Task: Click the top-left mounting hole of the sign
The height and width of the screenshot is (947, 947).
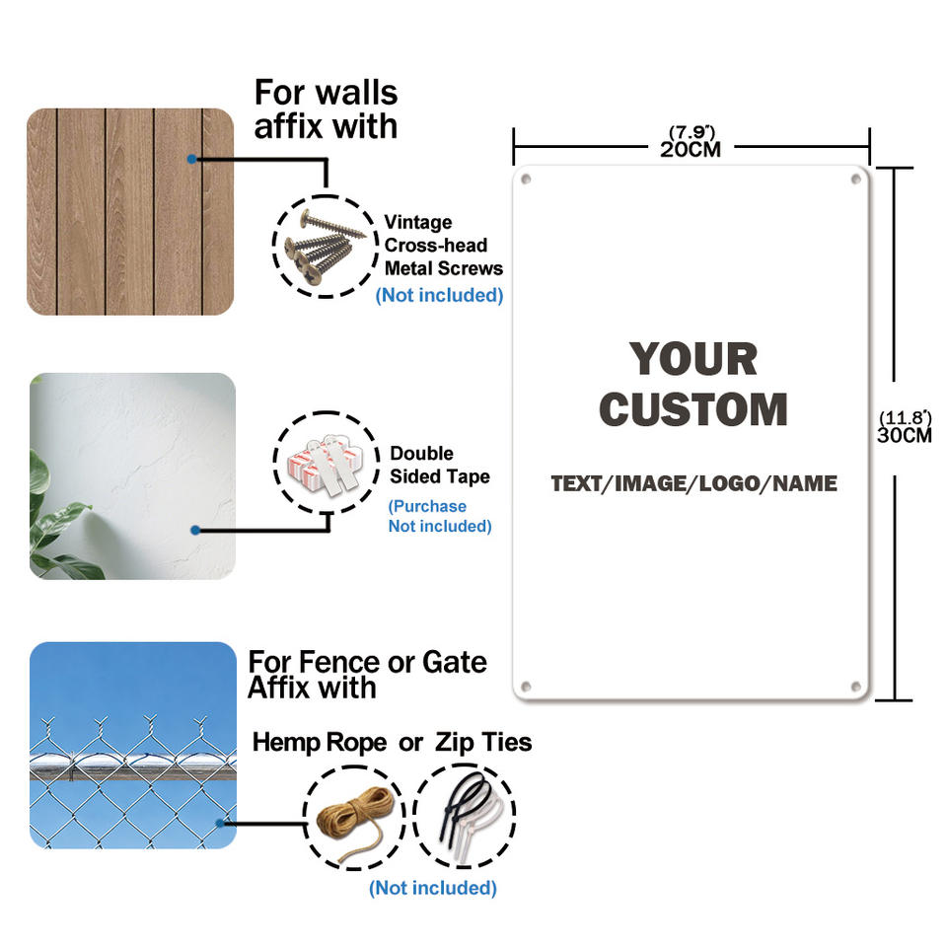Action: pyautogui.click(x=526, y=179)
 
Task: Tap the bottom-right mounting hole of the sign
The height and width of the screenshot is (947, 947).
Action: pyautogui.click(x=855, y=687)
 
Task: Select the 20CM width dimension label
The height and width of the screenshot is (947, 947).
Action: pyautogui.click(x=691, y=149)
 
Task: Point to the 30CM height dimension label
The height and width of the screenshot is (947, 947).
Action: pyautogui.click(x=905, y=435)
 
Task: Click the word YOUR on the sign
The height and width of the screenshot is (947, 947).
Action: pyautogui.click(x=693, y=359)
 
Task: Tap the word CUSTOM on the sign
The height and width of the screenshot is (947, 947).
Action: pyautogui.click(x=693, y=409)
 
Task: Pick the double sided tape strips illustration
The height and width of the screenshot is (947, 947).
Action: pyautogui.click(x=327, y=464)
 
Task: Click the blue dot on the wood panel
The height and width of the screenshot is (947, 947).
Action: pyautogui.click(x=191, y=159)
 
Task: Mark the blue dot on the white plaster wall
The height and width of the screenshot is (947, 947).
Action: pyautogui.click(x=195, y=531)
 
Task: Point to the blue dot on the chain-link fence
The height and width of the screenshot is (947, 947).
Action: pyautogui.click(x=220, y=823)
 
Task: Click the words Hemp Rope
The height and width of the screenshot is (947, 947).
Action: pyautogui.click(x=320, y=742)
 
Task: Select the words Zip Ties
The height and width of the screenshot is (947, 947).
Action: pyautogui.click(x=483, y=742)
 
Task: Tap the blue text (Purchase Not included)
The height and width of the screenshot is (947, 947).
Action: pyautogui.click(x=440, y=516)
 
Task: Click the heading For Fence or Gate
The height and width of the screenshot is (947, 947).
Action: pyautogui.click(x=367, y=662)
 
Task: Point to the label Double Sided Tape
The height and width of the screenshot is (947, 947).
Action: pyautogui.click(x=440, y=465)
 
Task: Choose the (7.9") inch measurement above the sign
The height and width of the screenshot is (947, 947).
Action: pyautogui.click(x=692, y=132)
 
